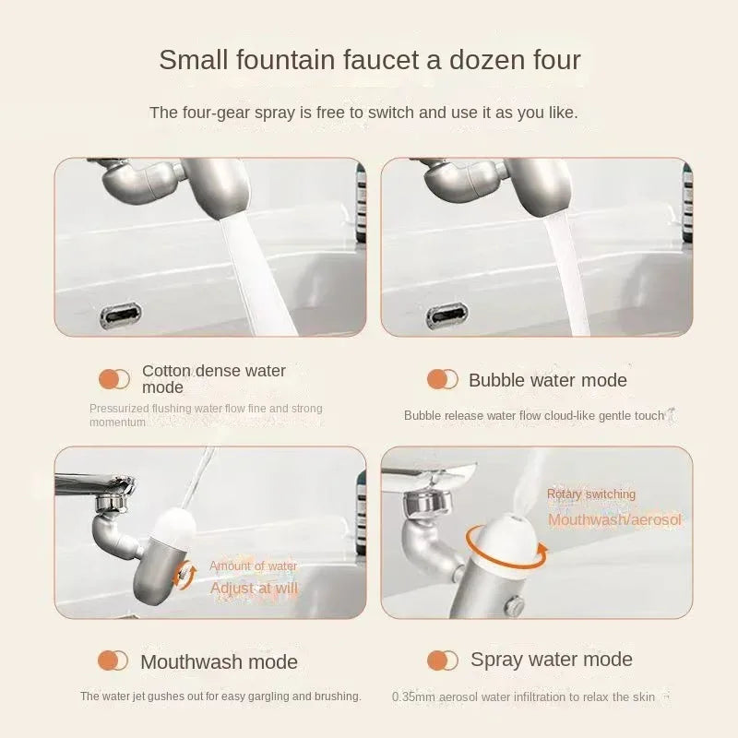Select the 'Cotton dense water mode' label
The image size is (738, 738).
pyautogui.click(x=213, y=378)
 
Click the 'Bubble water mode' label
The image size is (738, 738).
pyautogui.click(x=547, y=380)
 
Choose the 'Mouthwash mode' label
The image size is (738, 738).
pyautogui.click(x=219, y=661)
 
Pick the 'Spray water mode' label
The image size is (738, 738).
pyautogui.click(x=551, y=660)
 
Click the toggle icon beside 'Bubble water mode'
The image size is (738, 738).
pyautogui.click(x=443, y=379)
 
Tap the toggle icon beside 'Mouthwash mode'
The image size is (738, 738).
pyautogui.click(x=113, y=661)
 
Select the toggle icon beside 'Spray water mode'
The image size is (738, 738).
pyautogui.click(x=443, y=660)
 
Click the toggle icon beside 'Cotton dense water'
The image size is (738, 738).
pyautogui.click(x=114, y=378)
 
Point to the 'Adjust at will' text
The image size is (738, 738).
pyautogui.click(x=254, y=588)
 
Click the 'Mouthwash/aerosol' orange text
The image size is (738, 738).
pyautogui.click(x=613, y=519)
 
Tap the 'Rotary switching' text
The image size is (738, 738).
pyautogui.click(x=590, y=494)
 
